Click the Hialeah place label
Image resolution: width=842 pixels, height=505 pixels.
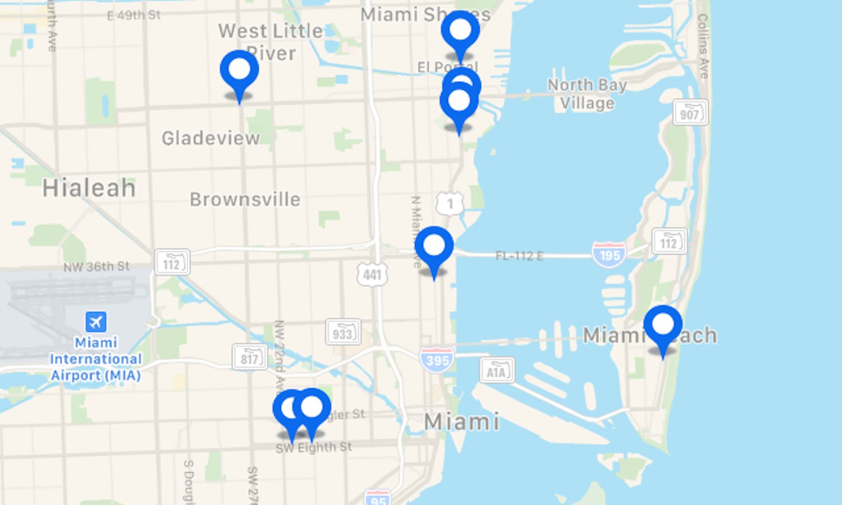89,188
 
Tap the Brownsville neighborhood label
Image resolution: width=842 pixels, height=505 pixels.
245,199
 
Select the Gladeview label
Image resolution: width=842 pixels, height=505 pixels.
210,138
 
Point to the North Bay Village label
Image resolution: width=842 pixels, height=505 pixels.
587,94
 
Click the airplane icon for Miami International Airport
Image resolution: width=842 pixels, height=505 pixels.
96,322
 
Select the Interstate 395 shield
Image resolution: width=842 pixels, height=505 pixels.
437,359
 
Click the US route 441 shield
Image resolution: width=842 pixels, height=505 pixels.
372,274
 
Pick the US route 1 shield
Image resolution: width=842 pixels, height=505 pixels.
450,204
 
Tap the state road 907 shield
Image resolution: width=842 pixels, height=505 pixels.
690,113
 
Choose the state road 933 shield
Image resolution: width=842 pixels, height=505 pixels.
342,333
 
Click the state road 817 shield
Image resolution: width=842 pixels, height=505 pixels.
250,357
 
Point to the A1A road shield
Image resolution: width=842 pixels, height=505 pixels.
497,370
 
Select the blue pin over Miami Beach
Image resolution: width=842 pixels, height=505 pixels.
663,325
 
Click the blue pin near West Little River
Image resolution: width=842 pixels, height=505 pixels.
240,71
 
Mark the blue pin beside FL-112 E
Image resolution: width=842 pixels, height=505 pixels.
434,247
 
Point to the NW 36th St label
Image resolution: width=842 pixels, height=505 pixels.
97,267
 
